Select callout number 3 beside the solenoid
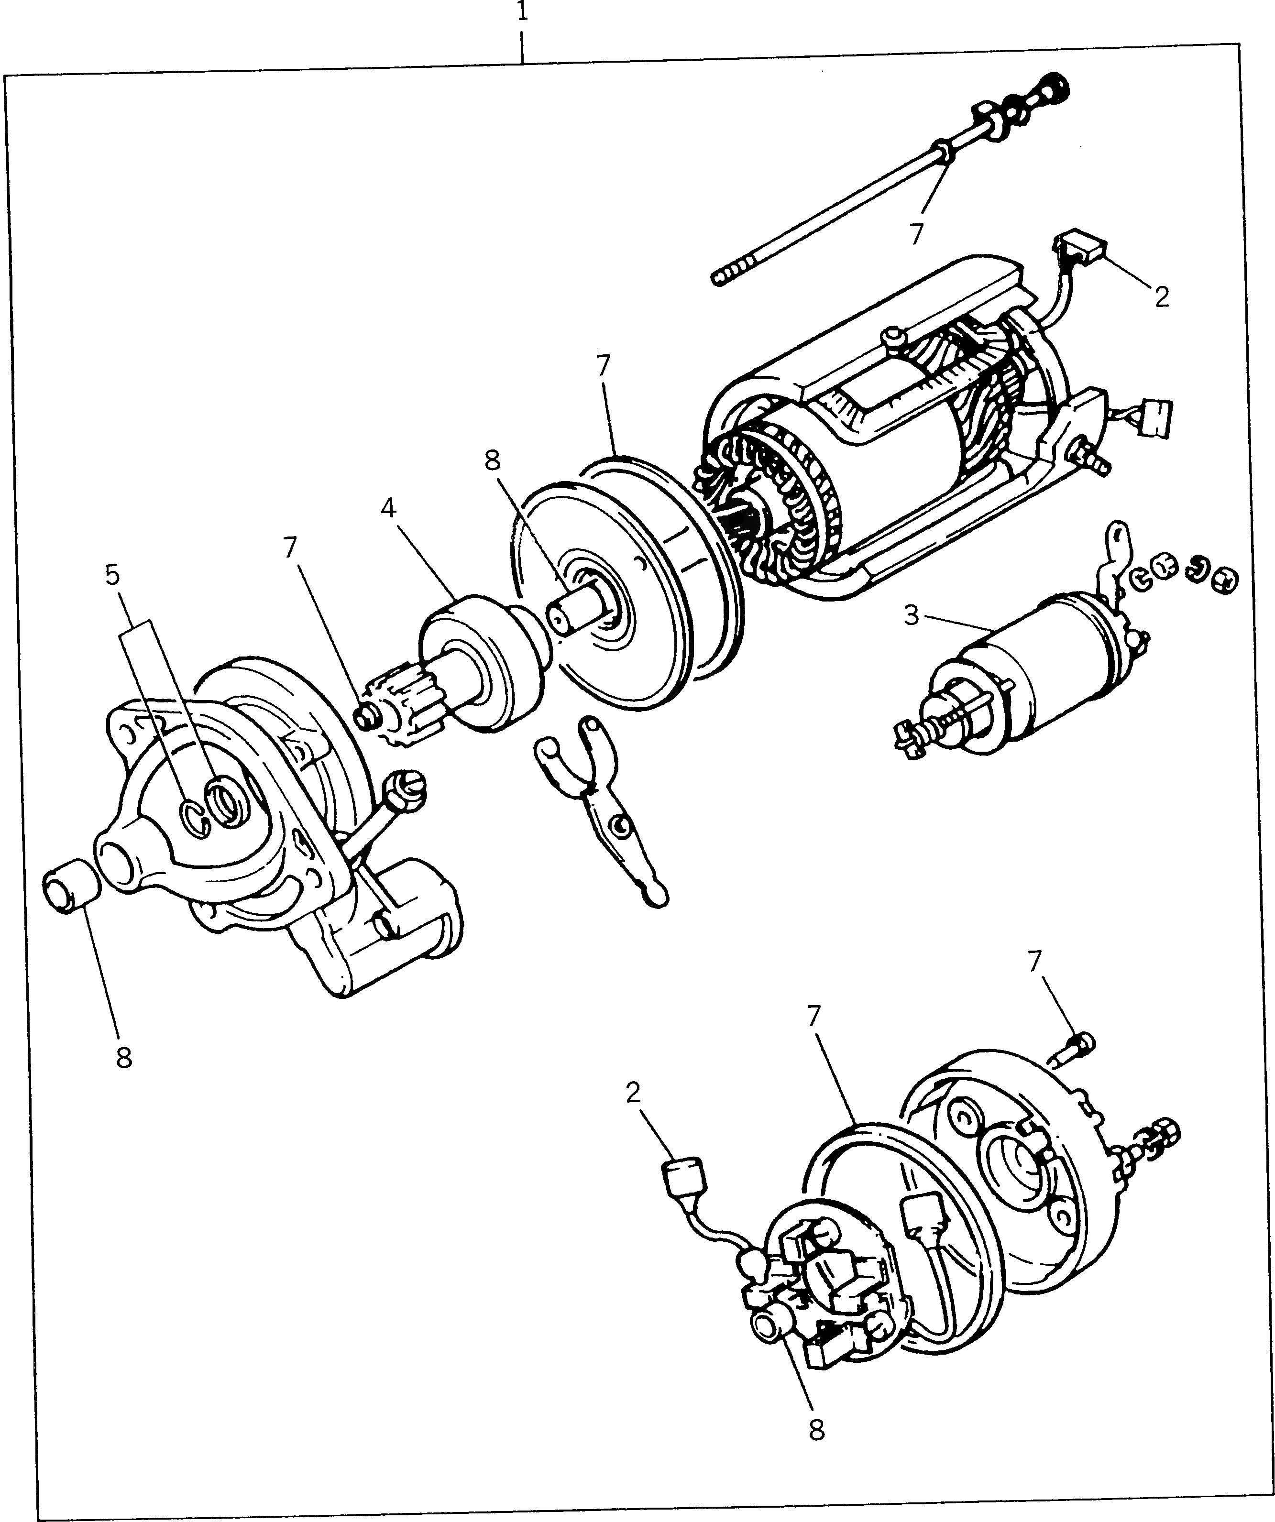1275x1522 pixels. coord(911,615)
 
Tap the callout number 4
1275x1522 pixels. coord(388,509)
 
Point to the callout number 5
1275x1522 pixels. coord(112,575)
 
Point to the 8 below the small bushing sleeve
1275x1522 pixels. coord(124,1058)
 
